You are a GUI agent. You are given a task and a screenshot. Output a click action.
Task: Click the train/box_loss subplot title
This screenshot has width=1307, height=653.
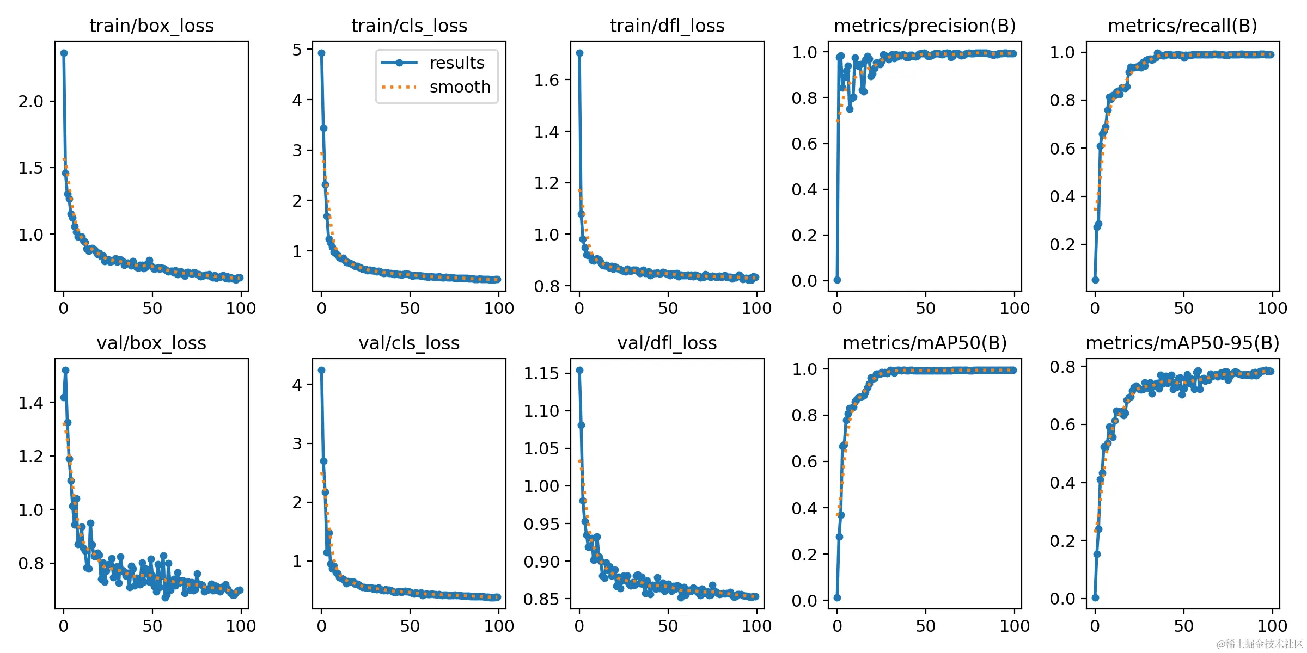(151, 26)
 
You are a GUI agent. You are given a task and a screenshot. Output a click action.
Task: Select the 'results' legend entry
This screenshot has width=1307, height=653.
(456, 63)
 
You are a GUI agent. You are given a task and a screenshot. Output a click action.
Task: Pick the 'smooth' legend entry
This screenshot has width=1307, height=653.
(460, 87)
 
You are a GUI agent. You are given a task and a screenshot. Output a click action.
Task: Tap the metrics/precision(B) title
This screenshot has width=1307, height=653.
(925, 26)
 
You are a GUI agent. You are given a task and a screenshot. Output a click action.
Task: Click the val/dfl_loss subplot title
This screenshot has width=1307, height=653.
(667, 343)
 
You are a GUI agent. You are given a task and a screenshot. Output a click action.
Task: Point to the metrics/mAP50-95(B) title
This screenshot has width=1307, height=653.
(1182, 343)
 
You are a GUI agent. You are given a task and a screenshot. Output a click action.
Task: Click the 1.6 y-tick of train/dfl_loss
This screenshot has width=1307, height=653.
(546, 80)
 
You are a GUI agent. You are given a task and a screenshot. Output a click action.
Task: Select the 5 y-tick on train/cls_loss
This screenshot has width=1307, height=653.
(297, 50)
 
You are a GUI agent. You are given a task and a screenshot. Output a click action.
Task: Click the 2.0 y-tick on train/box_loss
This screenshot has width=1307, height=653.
(30, 101)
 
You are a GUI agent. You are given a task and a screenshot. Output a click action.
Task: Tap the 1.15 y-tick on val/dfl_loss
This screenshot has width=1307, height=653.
(541, 373)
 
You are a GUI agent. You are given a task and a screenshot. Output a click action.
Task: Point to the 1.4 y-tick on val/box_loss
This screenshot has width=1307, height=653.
(30, 403)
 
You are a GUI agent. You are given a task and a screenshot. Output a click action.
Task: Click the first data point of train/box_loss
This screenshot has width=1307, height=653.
(64, 53)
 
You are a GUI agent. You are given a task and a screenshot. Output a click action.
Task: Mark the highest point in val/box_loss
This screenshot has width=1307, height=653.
(65, 370)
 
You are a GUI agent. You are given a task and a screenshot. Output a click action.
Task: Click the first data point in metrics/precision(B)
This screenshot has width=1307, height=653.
(837, 280)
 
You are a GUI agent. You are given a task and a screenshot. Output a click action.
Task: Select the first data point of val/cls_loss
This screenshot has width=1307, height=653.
(321, 370)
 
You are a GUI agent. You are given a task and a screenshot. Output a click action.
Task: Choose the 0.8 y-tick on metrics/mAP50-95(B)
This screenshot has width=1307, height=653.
(1062, 367)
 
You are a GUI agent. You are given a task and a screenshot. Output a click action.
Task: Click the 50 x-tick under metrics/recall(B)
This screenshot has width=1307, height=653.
(1183, 309)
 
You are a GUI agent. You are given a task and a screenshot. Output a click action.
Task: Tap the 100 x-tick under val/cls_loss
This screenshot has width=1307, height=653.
(499, 626)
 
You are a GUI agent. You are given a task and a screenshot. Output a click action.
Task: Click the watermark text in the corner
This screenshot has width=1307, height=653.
(1260, 644)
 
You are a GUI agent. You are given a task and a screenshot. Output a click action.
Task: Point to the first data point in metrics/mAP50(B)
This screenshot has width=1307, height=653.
(837, 597)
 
